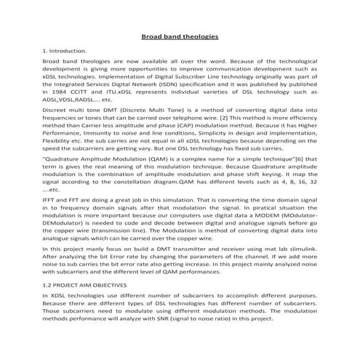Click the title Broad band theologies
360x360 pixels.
pos(180,36)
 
